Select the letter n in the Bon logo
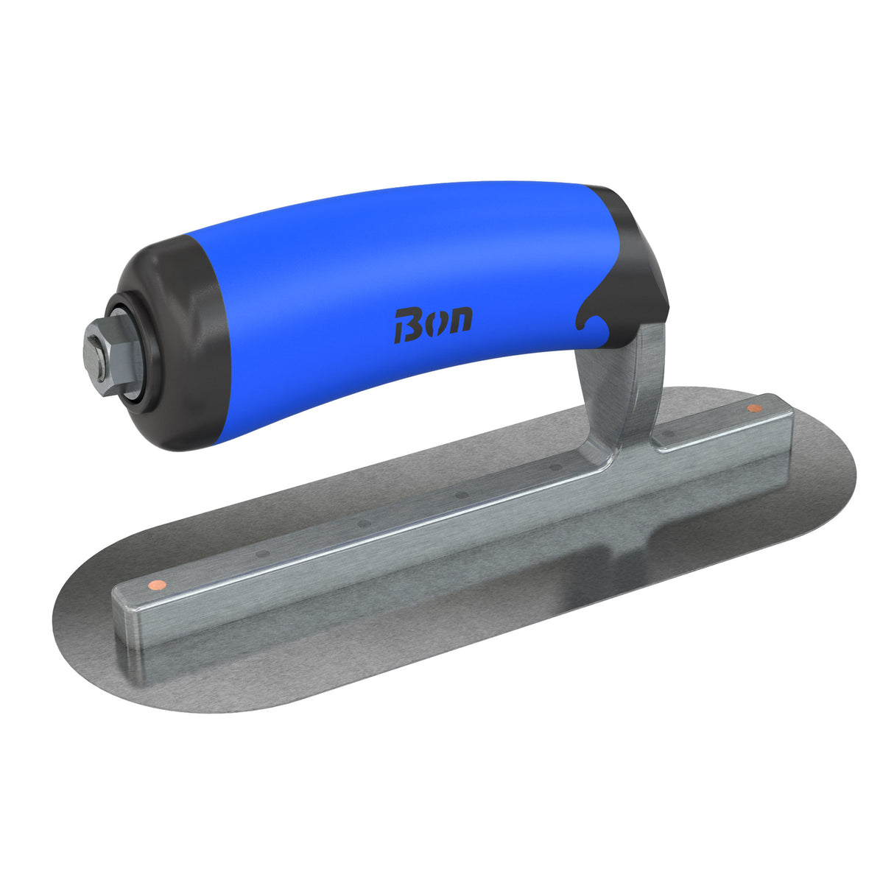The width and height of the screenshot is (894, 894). [x=460, y=320]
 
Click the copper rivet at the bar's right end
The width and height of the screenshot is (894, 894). [x=753, y=408]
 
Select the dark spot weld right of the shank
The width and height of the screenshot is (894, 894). [x=669, y=435]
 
